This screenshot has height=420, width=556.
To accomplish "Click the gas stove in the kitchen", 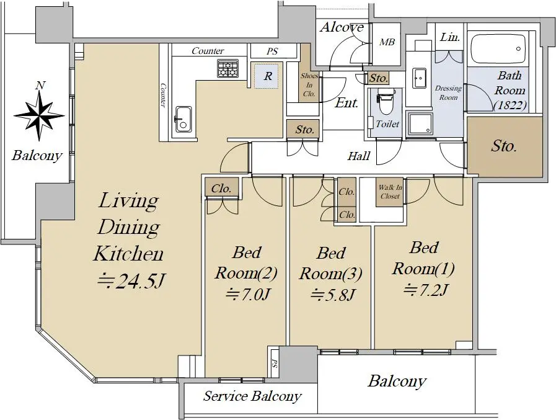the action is [x=227, y=68].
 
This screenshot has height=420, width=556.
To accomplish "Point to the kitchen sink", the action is [x=182, y=119].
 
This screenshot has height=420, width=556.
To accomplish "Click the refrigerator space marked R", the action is [x=268, y=76].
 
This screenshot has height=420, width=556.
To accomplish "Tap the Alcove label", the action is [x=342, y=27].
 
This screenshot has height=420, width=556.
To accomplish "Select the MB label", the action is [x=387, y=42].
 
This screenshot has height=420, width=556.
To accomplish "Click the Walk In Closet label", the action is [x=390, y=192].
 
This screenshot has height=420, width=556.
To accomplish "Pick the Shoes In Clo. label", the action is [x=309, y=85].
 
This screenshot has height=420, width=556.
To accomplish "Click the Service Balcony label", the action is [x=252, y=396].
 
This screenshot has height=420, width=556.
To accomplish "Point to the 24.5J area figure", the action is [x=131, y=281].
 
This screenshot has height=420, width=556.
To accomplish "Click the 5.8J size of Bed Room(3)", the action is [x=332, y=294].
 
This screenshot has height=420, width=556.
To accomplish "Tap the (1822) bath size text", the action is [x=510, y=105].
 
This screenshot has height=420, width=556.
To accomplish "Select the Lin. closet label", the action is [x=450, y=37].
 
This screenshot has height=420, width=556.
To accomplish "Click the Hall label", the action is [x=359, y=156].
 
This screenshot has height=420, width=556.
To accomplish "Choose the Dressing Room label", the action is [x=448, y=92].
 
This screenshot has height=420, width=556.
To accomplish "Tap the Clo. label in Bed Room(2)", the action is [x=221, y=189].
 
